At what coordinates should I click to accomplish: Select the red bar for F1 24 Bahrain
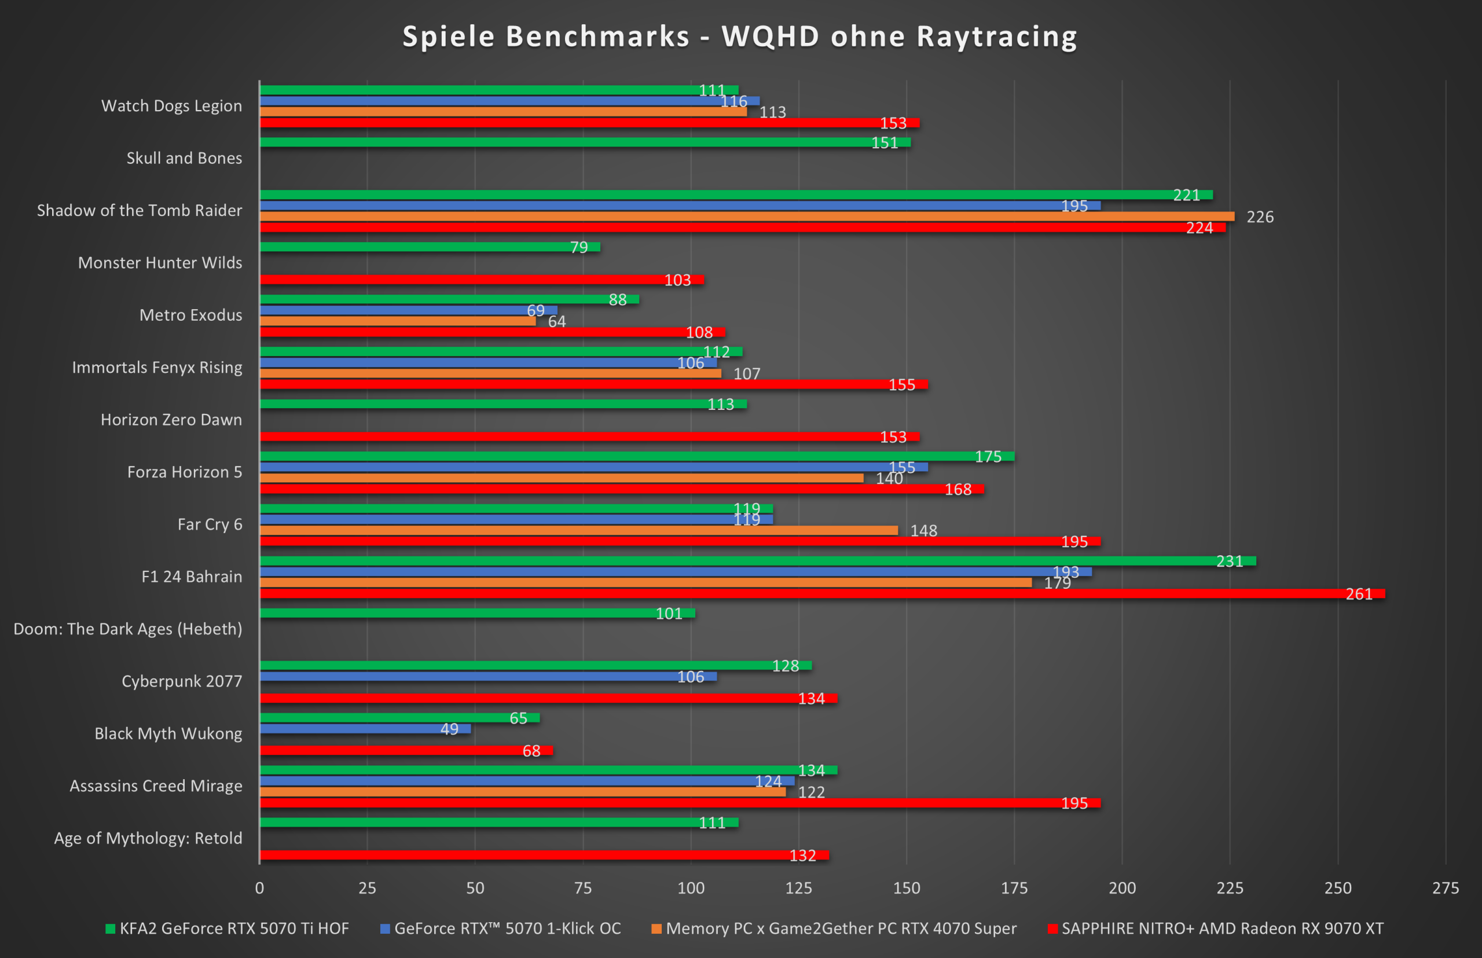click(821, 593)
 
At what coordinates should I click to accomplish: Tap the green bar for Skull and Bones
click(585, 142)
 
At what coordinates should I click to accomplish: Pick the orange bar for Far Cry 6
click(578, 531)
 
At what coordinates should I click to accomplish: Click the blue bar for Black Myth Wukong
click(365, 728)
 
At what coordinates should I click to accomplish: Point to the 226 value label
click(1260, 217)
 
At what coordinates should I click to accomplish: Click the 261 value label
click(1359, 594)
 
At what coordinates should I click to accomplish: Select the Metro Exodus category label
click(190, 315)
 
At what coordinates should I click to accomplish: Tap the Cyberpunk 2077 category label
click(182, 681)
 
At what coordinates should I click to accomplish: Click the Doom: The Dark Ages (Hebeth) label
click(127, 629)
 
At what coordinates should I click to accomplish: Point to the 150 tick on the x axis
click(907, 889)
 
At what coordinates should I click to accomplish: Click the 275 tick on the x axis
click(1446, 889)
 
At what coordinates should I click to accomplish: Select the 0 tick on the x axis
click(259, 889)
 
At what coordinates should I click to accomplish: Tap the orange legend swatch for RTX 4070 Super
click(656, 928)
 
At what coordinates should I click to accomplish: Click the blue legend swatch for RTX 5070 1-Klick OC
click(385, 928)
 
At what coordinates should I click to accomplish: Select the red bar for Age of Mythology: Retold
click(544, 856)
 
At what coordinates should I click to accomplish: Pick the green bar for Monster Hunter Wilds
click(430, 247)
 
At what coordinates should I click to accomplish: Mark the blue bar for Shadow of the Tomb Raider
click(680, 206)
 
